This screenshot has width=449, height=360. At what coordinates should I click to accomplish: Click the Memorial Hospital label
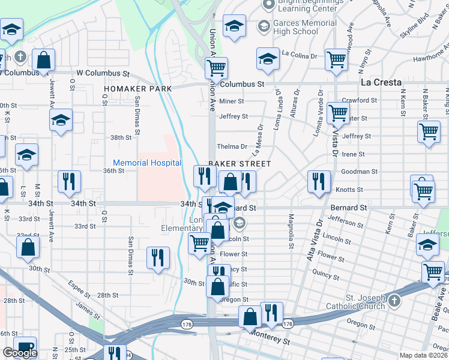click(147, 163)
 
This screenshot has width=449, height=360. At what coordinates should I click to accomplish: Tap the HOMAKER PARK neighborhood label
click(137, 89)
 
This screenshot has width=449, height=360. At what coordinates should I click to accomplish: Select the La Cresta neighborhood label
click(381, 82)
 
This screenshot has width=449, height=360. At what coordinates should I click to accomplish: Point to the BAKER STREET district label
click(240, 164)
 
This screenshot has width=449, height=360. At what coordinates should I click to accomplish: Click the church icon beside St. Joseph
click(394, 300)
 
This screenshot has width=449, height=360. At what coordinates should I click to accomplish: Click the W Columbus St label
click(99, 73)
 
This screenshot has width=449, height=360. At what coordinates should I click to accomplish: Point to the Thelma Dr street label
click(232, 146)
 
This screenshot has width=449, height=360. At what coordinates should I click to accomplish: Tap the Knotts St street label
click(350, 190)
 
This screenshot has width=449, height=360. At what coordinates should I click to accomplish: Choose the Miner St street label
click(232, 101)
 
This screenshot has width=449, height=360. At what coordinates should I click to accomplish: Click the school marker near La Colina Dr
click(268, 58)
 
